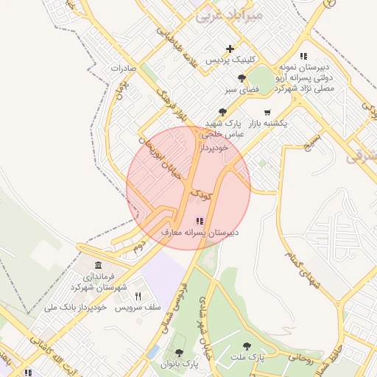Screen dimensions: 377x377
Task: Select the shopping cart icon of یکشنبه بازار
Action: pyautogui.click(x=266, y=113)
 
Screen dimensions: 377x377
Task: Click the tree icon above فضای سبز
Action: pyautogui.click(x=241, y=78)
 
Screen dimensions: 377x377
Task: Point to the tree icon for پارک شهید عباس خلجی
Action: pyautogui.click(x=223, y=112)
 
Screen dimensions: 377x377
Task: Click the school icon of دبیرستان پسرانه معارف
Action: pyautogui.click(x=200, y=221)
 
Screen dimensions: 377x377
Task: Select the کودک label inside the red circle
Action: pyautogui.click(x=200, y=196)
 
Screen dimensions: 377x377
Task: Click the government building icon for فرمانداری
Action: pyautogui.click(x=98, y=265)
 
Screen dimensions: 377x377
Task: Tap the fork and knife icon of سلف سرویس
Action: pyautogui.click(x=137, y=296)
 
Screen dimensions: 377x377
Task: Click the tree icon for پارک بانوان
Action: pyautogui.click(x=179, y=353)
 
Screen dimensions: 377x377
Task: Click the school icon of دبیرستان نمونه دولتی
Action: pyautogui.click(x=303, y=56)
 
